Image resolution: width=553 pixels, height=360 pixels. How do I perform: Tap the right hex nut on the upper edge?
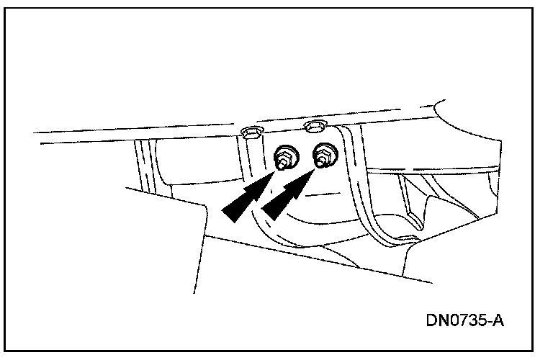pyautogui.click(x=314, y=128)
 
